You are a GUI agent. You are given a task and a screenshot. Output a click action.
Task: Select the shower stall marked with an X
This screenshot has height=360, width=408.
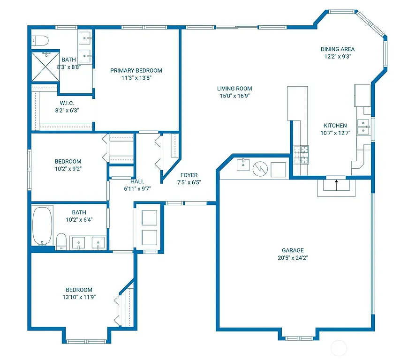[x=45, y=67]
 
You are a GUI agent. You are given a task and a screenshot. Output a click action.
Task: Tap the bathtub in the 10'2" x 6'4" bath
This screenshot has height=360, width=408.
[x=43, y=226]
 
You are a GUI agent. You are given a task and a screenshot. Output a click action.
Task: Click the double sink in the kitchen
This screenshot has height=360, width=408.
[x=363, y=127]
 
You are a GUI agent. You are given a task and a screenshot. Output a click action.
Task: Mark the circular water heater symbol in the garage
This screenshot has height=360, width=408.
[x=259, y=169]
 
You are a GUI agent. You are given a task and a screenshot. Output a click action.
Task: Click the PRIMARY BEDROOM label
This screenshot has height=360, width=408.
[x=136, y=71]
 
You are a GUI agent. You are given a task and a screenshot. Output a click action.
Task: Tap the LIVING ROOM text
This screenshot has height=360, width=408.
[x=234, y=89]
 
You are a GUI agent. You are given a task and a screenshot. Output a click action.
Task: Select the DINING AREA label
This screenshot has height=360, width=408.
[x=337, y=49]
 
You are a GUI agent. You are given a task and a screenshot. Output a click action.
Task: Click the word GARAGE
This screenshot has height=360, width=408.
[x=293, y=250]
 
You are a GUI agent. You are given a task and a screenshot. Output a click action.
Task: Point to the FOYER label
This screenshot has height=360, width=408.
[x=189, y=175]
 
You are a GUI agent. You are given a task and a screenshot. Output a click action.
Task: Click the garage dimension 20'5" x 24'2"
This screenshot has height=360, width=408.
[x=293, y=257]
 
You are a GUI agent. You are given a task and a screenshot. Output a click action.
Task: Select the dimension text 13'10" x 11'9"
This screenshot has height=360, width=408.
[x=79, y=297]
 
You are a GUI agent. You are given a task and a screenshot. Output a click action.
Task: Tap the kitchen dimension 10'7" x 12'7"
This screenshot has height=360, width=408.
[x=335, y=133]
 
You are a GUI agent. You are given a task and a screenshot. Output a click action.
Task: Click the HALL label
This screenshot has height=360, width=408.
[x=137, y=181]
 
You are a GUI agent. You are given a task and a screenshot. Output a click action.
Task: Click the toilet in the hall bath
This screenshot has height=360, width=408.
[x=61, y=241]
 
